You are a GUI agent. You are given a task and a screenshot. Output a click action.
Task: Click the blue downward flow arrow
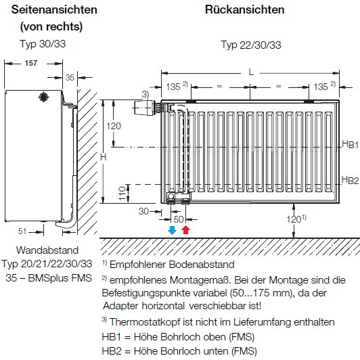tap(172, 230)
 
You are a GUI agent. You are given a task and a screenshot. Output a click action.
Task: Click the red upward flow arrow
tap(185, 230)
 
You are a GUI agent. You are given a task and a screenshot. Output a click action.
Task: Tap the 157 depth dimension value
tap(31, 63)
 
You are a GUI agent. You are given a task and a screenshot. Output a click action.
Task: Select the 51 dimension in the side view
tap(22, 231)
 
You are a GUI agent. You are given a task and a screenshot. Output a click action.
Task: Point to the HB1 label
tap(350, 144)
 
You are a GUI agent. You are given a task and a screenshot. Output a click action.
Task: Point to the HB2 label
tap(350, 180)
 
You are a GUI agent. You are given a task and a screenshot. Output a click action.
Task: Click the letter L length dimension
tap(251, 72)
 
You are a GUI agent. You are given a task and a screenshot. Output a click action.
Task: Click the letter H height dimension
tap(104, 157)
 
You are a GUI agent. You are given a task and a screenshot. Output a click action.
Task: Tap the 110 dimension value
tap(122, 194)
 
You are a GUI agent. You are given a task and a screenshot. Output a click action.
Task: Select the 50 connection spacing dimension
tap(179, 219)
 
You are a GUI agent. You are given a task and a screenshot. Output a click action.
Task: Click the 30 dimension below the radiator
tap(143, 211)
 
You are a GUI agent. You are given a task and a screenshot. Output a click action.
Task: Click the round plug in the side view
tap(43, 97)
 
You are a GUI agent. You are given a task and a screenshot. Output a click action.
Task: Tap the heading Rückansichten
tap(245, 9)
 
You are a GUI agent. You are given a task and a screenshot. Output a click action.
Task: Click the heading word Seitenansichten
tap(54, 9)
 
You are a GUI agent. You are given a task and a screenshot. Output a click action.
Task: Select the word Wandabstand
tap(47, 250)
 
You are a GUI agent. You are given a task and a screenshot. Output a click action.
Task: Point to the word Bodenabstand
tap(202, 265)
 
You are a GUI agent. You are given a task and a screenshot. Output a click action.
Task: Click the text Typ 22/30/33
tap(251, 45)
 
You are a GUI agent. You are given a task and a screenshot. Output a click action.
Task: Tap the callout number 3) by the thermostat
tap(145, 94)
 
